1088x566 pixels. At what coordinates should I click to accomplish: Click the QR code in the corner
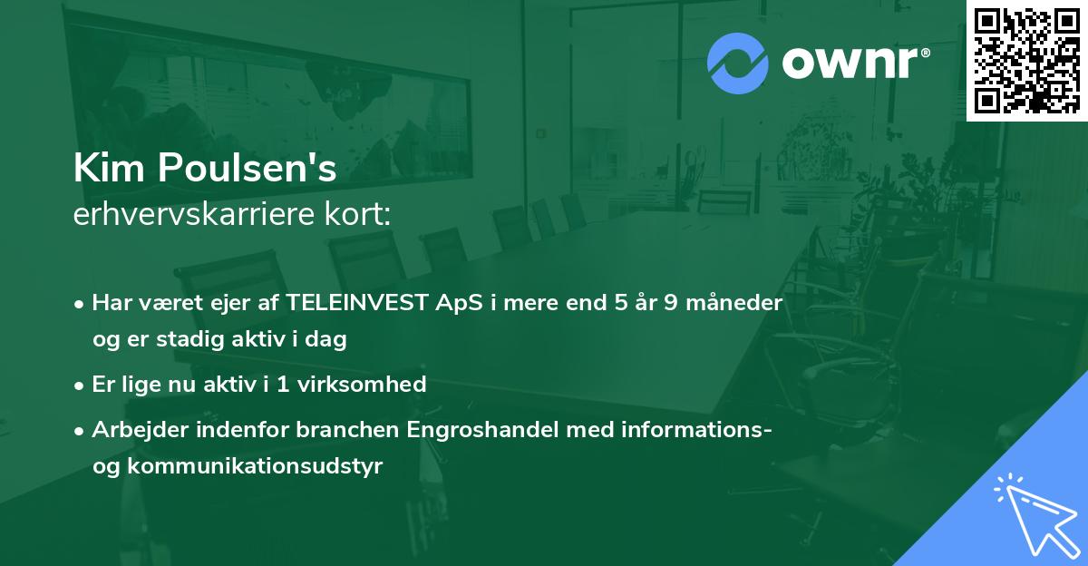(1026, 60)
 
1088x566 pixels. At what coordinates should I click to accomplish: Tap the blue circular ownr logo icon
(737, 63)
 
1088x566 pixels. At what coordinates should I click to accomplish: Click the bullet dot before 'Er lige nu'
(81, 385)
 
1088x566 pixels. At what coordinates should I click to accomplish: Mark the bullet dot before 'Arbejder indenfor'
(81, 430)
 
